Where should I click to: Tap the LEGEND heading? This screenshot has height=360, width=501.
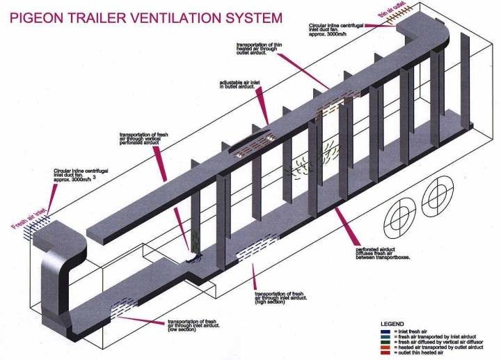click(x=394, y=324)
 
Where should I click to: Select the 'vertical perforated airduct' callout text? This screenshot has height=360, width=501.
click(x=144, y=139)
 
